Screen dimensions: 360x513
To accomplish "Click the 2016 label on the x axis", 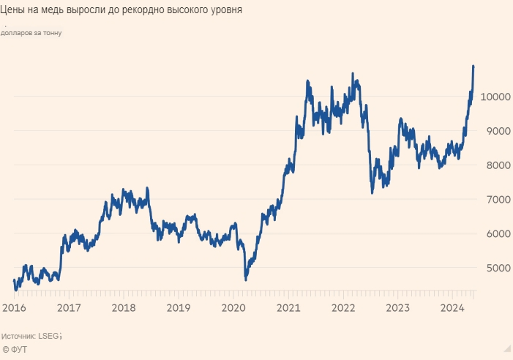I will tap(13, 307).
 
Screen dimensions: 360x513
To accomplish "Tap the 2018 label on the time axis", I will tap(123, 307).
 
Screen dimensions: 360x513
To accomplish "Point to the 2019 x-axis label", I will tap(178, 307).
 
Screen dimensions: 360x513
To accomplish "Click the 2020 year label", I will tap(233, 307).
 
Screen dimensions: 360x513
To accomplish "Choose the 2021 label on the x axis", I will tap(288, 307).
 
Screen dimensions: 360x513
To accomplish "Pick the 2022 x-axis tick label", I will tap(343, 307).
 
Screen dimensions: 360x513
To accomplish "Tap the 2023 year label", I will tap(397, 307).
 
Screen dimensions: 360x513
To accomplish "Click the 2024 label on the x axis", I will tap(452, 307).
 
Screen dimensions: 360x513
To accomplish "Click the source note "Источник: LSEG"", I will tap(31, 336).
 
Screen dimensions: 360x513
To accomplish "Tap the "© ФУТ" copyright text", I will tap(16, 350).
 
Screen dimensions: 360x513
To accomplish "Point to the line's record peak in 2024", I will tap(473, 67).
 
